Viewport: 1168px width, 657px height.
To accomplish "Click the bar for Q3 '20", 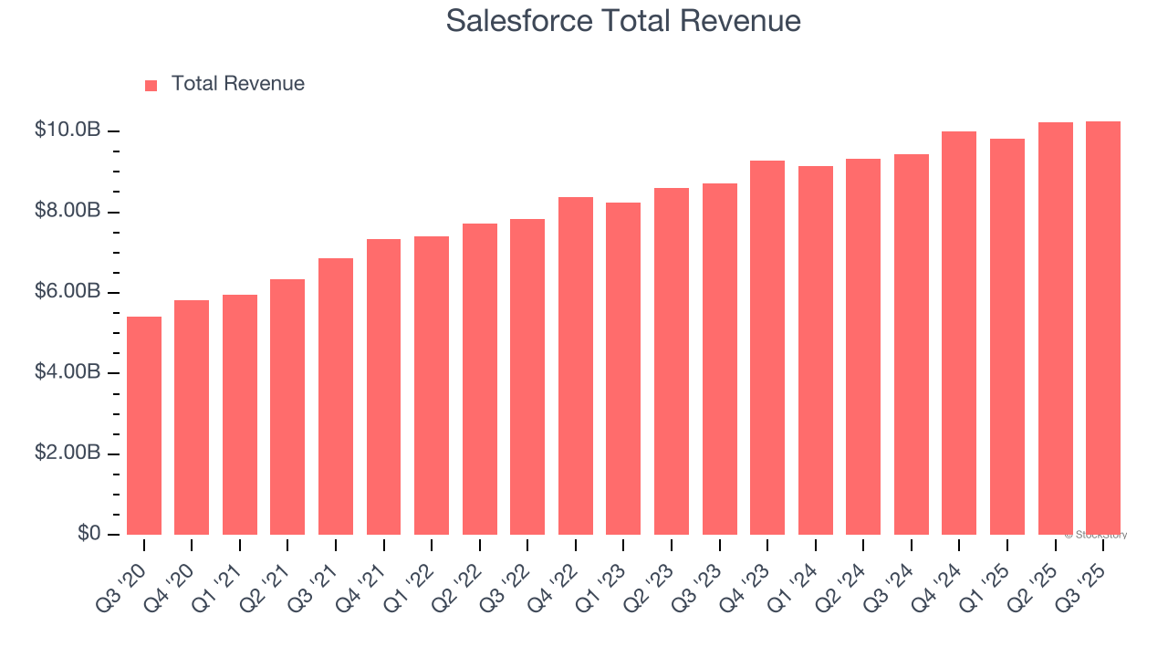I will (144, 425).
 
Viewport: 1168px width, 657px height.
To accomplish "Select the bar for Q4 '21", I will (383, 387).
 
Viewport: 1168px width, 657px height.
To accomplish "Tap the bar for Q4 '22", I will (575, 366).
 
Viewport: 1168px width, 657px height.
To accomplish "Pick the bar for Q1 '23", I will (623, 369).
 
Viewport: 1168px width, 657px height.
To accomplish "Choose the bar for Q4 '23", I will (767, 348).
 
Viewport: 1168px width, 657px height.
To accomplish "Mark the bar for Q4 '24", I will (959, 333).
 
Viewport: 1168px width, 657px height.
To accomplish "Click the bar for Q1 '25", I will (1007, 337).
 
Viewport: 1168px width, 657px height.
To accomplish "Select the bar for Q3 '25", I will (1103, 328).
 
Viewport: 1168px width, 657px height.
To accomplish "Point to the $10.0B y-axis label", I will (68, 130).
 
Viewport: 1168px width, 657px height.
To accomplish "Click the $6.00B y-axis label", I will (68, 292).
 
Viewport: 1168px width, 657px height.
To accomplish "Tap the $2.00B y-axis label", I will (68, 454).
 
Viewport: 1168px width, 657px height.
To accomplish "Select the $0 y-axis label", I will (89, 533).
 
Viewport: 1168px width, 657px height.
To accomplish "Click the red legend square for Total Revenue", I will (151, 85).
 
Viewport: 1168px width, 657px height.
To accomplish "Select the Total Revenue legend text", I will (237, 84).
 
